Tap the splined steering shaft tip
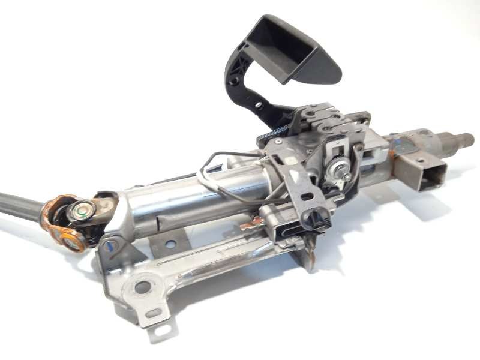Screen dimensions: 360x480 click(465, 140)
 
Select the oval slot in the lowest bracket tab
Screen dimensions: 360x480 click(154, 313)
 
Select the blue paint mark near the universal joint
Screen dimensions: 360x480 click(109, 245)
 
